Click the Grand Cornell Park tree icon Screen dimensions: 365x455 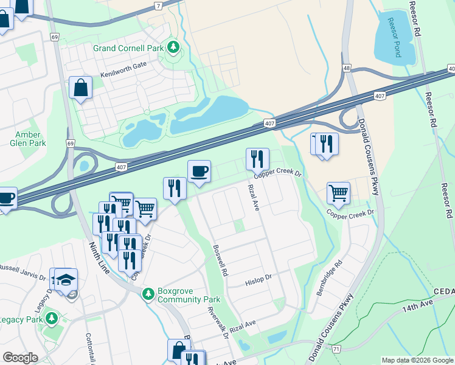pos(173,47)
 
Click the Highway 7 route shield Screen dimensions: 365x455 pos(158,5)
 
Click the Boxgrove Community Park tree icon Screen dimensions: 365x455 pos(147,294)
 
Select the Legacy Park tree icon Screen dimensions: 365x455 pos(52,318)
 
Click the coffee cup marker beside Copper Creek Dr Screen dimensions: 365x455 pos(199,171)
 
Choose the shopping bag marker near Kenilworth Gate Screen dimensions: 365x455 pos(80,88)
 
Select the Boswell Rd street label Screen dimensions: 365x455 pos(220,261)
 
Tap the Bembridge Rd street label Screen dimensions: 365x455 pos(329,279)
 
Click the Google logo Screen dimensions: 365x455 pos(20,358)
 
